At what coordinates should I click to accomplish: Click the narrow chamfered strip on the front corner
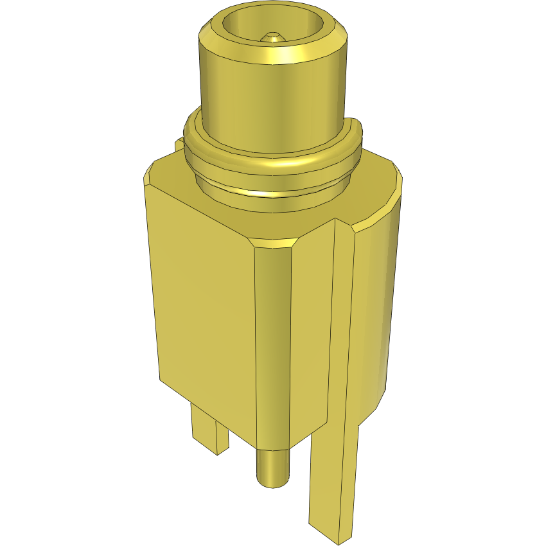(x=272, y=347)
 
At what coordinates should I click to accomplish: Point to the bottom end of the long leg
(x=331, y=530)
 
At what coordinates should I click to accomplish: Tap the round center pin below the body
(x=273, y=466)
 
